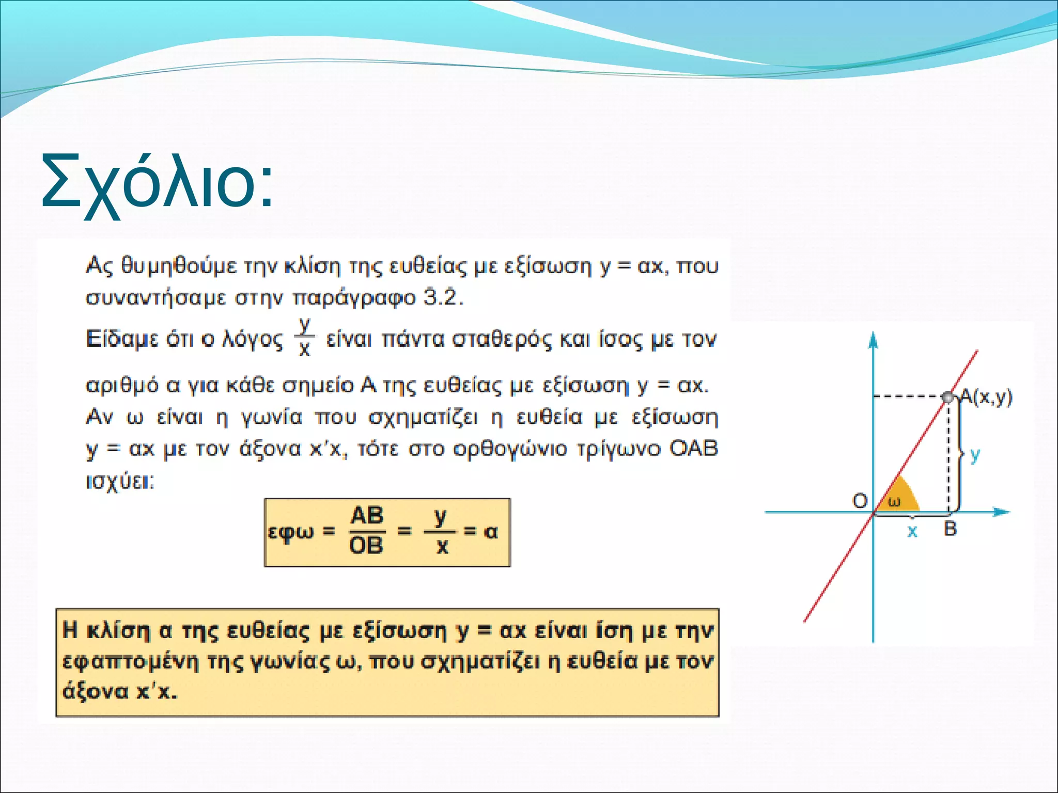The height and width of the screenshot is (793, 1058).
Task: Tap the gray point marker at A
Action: click(948, 397)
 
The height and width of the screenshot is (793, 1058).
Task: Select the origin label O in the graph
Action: click(860, 500)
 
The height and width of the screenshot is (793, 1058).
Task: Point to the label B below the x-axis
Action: click(950, 529)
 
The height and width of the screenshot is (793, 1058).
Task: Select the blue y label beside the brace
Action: click(975, 455)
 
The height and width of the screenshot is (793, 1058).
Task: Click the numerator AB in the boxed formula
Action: click(367, 516)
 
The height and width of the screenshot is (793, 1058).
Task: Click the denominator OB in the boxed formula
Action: click(366, 545)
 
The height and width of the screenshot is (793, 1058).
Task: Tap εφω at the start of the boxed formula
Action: click(291, 532)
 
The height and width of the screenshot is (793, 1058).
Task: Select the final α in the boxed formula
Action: click(491, 531)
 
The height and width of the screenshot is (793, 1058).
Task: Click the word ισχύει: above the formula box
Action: click(120, 482)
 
